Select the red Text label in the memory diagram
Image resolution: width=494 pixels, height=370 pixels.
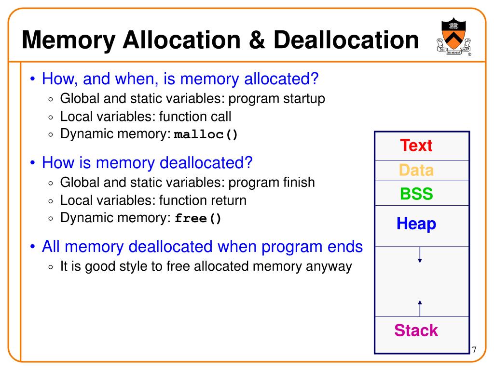[416, 145]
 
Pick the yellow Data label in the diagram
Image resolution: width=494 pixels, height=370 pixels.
[416, 170]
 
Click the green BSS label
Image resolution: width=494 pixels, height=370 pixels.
[416, 194]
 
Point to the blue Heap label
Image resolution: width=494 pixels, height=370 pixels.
[416, 224]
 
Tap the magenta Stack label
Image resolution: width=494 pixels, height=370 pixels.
[416, 330]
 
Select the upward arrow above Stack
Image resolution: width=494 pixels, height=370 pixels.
[420, 307]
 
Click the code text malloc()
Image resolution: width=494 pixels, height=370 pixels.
[206, 134]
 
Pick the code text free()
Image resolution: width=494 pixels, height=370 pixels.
[198, 218]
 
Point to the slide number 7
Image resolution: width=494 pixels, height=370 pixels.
[474, 350]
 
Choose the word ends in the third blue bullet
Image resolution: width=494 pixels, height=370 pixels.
[344, 247]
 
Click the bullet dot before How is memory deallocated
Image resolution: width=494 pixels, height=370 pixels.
[32, 163]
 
